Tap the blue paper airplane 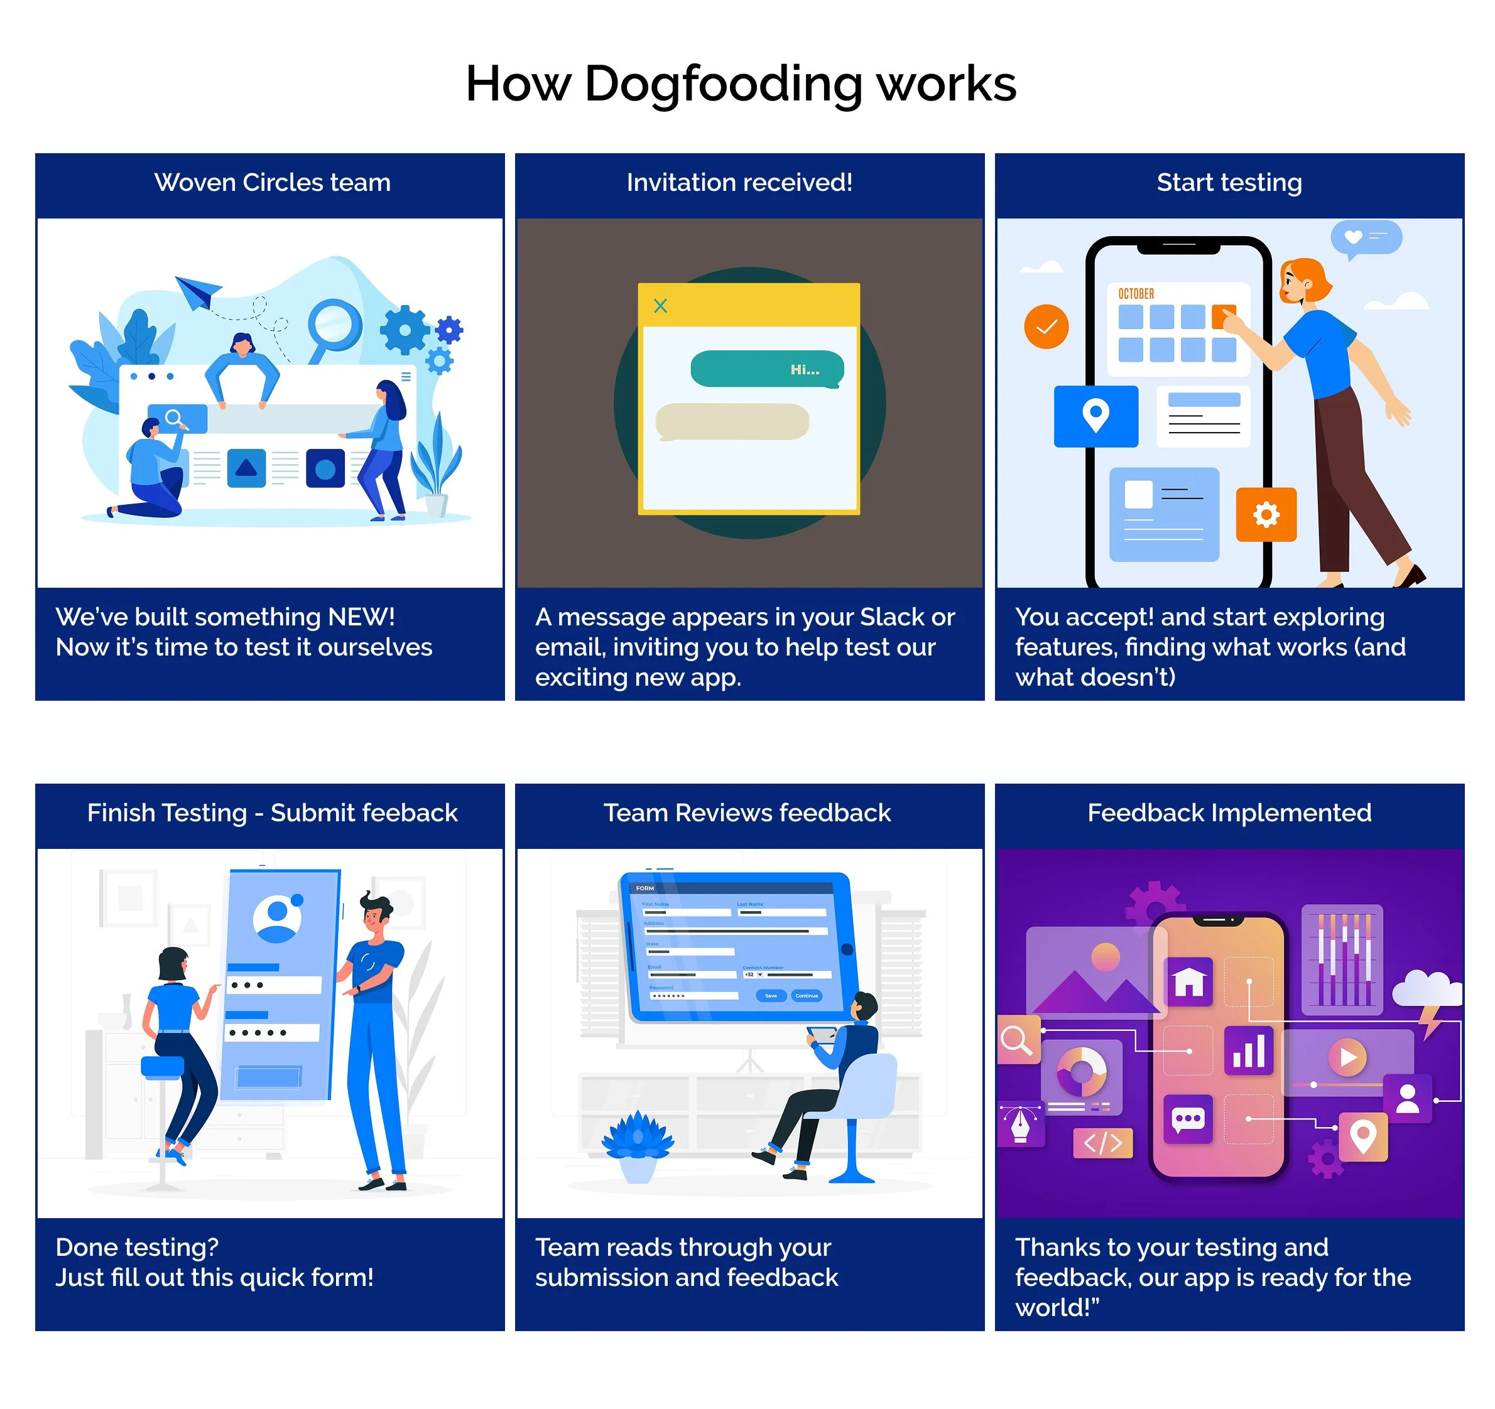(197, 291)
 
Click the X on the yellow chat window (660, 306)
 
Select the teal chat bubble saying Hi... (767, 369)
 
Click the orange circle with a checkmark (1046, 327)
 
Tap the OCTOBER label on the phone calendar (1136, 294)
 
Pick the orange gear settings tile (1266, 515)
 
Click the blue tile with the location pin (1095, 416)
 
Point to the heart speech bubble (1365, 237)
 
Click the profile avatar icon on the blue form (277, 918)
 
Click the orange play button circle (1347, 1057)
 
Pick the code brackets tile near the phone (1102, 1143)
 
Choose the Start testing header (1229, 183)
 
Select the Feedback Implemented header (1229, 812)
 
